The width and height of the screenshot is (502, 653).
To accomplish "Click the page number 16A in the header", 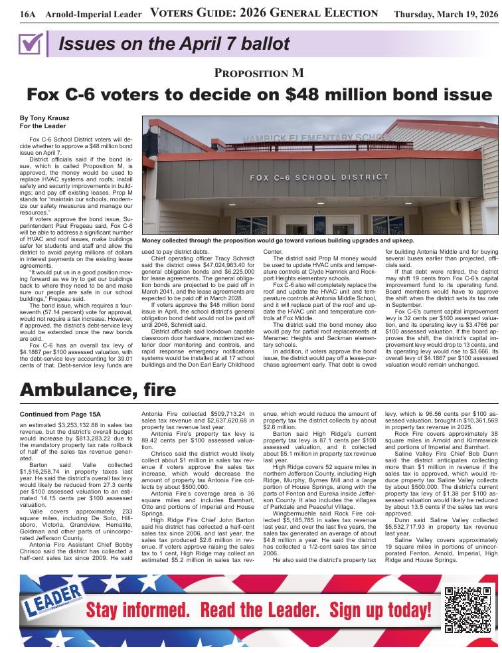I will [27, 14].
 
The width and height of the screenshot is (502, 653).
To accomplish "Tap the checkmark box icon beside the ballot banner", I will [31, 44].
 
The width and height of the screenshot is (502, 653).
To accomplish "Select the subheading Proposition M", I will [260, 73].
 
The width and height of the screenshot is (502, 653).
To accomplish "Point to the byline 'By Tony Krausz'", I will [44, 118].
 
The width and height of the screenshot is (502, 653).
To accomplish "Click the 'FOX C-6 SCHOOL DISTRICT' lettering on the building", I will [319, 178].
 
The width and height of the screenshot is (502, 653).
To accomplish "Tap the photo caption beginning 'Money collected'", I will [278, 240].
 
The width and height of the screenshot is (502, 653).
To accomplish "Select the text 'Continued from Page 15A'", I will [59, 396].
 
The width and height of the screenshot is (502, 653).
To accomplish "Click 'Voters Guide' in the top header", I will [197, 13].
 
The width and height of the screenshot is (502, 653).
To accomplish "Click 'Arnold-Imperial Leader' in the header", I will [94, 14].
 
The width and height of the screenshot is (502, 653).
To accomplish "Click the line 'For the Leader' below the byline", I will [42, 126].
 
